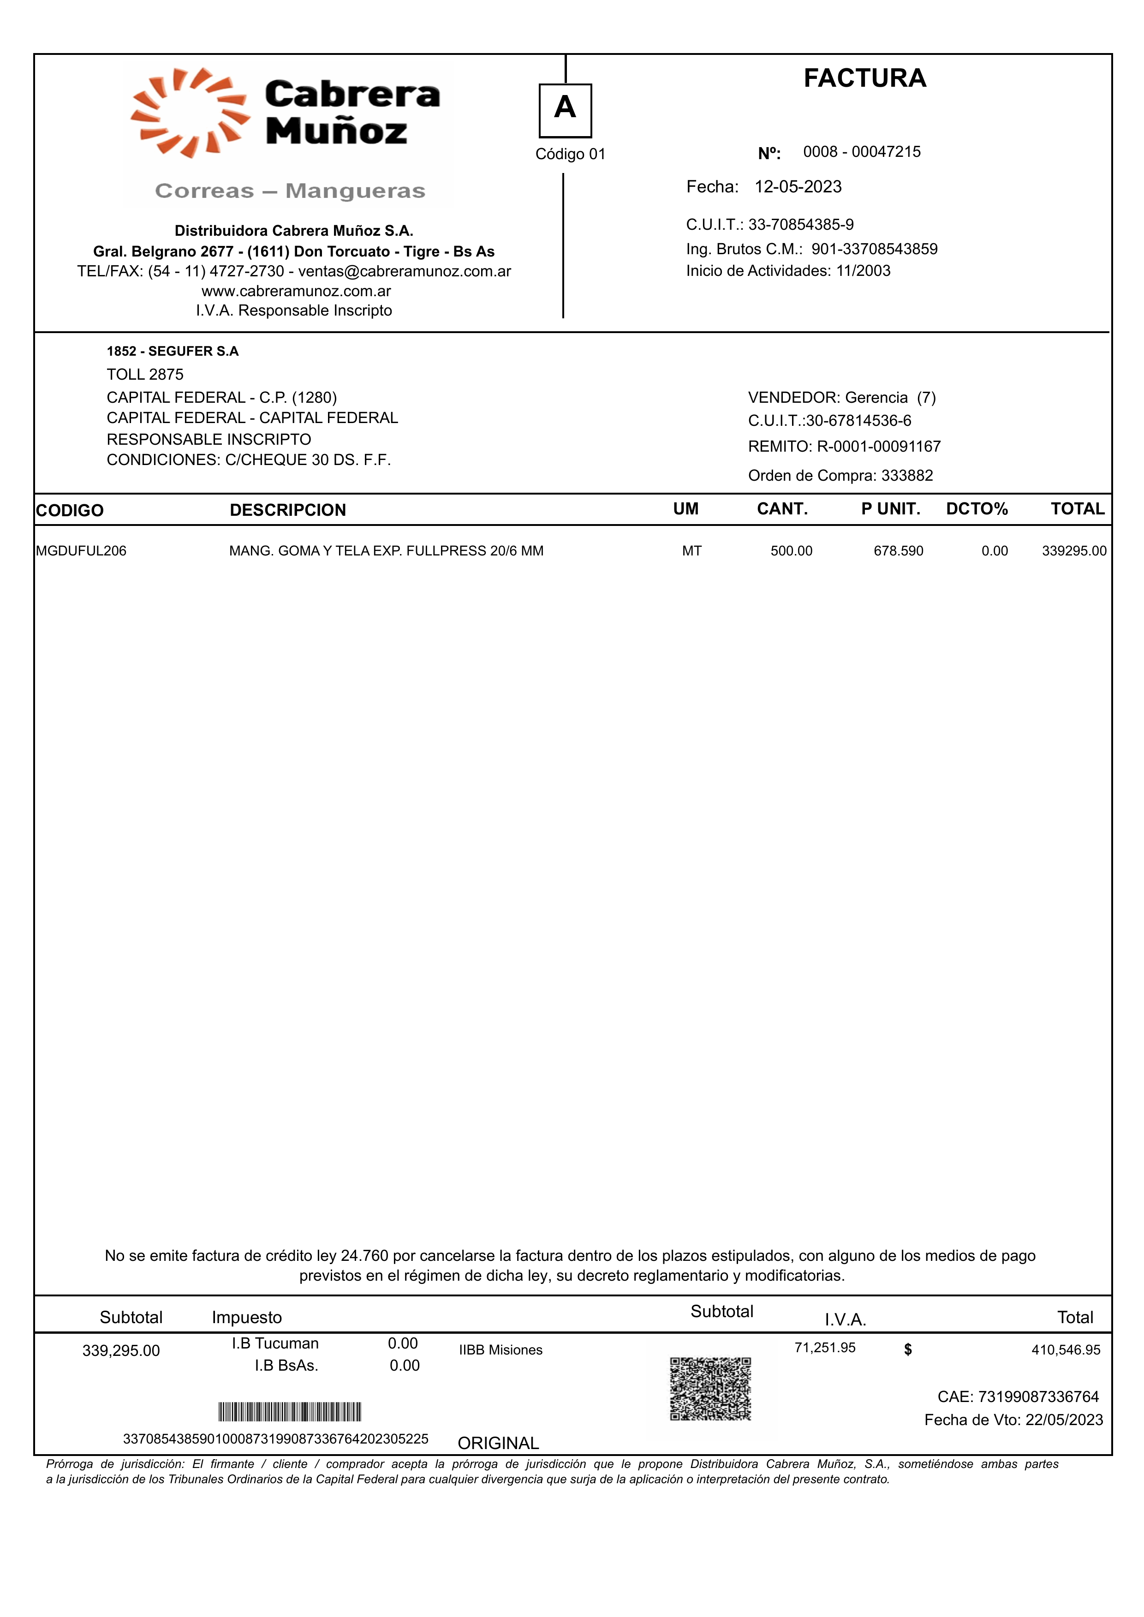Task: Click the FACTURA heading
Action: pyautogui.click(x=864, y=78)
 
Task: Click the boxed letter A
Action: pyautogui.click(x=565, y=110)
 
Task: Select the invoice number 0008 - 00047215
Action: pyautogui.click(x=862, y=152)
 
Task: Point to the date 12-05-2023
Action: pyautogui.click(x=798, y=187)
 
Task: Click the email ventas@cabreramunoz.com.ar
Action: pyautogui.click(x=405, y=271)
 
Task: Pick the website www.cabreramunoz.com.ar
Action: pyautogui.click(x=296, y=291)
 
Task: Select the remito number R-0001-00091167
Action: pyautogui.click(x=878, y=447)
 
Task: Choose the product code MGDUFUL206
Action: pyautogui.click(x=81, y=551)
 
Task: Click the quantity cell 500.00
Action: pyautogui.click(x=791, y=551)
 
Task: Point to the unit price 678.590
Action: pyautogui.click(x=898, y=551)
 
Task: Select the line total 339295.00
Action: pyautogui.click(x=1074, y=551)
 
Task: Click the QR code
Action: pyautogui.click(x=710, y=1389)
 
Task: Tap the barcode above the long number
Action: pyautogui.click(x=290, y=1412)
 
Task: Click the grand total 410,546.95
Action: pyautogui.click(x=1066, y=1350)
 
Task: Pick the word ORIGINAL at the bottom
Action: pyautogui.click(x=498, y=1443)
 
